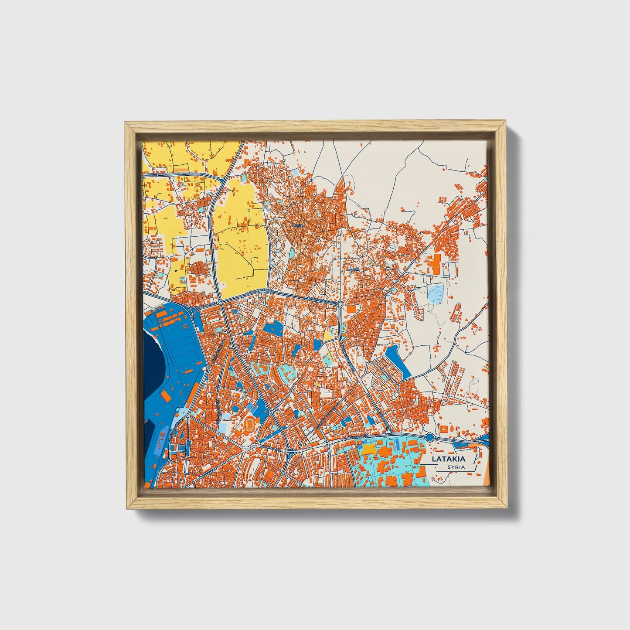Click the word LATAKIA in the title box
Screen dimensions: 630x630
coord(448,459)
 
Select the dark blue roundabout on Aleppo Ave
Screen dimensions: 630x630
coord(429,437)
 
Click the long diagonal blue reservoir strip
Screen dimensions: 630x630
coord(399,360)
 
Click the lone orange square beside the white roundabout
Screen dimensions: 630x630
coord(351,309)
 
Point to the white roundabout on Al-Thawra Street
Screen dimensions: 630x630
coord(340,303)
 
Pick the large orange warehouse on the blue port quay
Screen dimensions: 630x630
coord(166,395)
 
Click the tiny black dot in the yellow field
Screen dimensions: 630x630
coord(175,270)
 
